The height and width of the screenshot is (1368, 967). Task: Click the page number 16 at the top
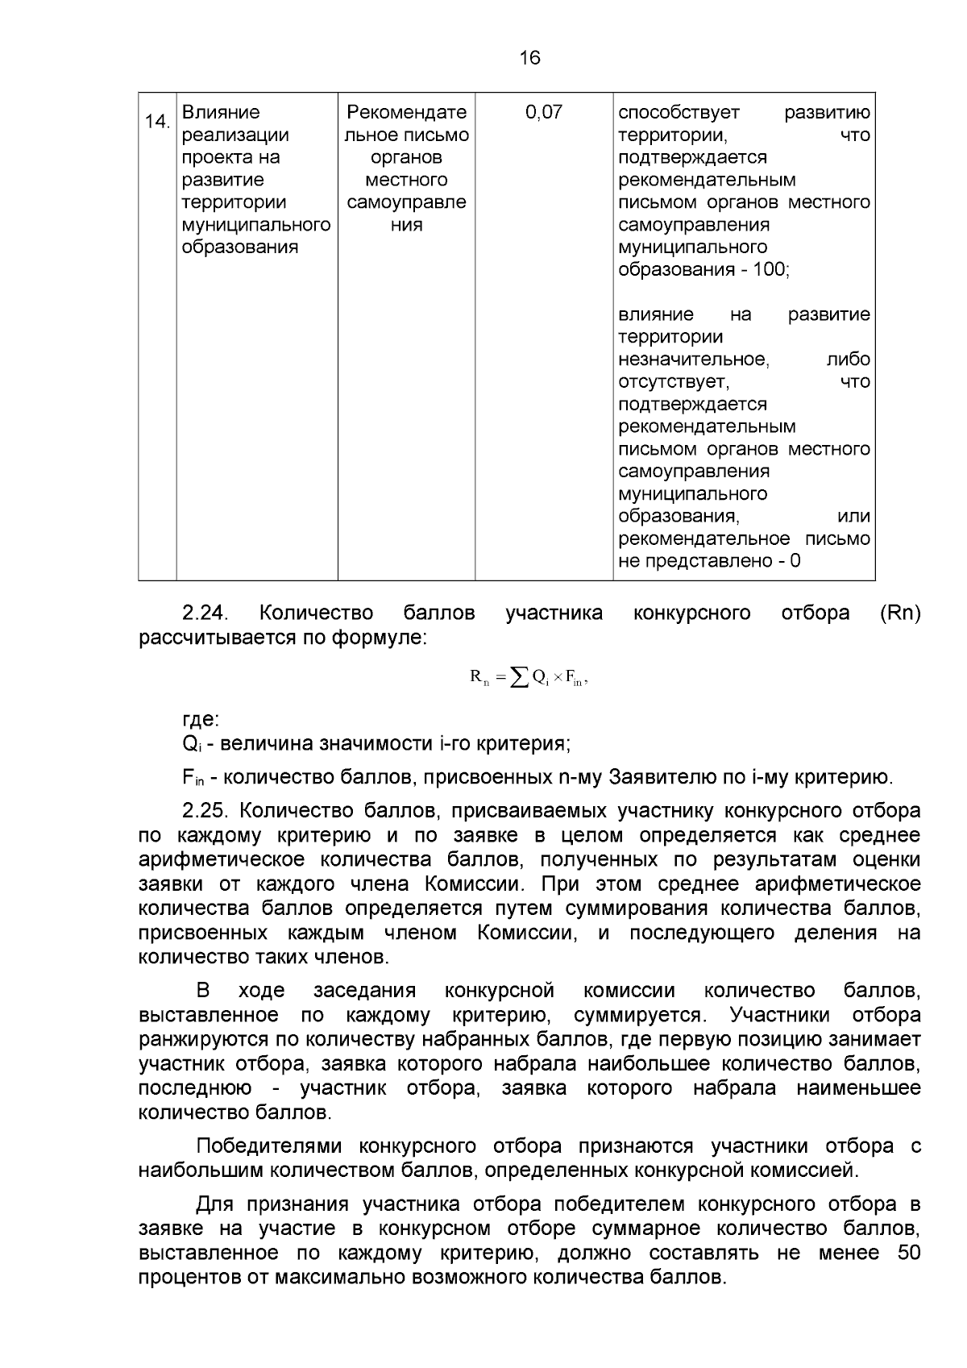click(530, 57)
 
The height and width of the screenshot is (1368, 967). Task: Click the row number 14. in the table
click(156, 122)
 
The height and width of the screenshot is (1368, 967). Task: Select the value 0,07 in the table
click(544, 113)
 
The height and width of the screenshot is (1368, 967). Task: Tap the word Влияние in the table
click(221, 113)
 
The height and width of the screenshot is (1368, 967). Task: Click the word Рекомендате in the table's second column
click(406, 113)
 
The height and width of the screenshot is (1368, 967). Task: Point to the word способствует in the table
click(679, 113)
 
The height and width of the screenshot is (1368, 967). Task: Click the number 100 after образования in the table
click(770, 270)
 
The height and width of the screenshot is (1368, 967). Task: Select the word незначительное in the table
click(693, 360)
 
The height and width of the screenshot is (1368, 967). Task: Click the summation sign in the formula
click(519, 678)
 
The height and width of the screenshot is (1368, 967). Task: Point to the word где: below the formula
click(201, 719)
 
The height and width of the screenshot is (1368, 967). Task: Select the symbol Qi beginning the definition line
click(190, 744)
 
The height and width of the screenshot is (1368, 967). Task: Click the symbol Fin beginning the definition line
click(193, 778)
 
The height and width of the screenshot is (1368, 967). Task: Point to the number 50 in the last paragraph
click(908, 1254)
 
